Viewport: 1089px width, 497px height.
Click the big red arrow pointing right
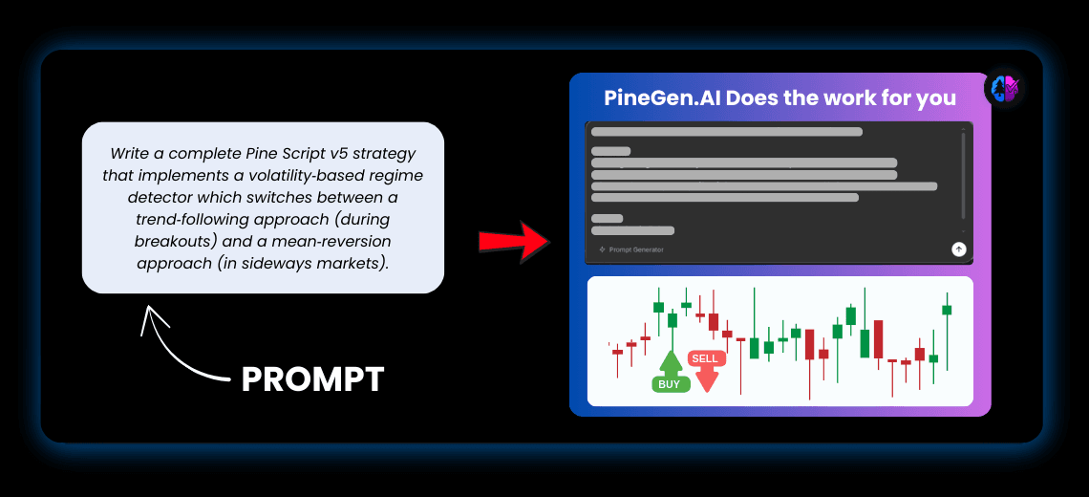click(515, 243)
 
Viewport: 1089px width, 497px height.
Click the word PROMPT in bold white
click(312, 379)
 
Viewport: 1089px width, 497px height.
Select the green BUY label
click(669, 384)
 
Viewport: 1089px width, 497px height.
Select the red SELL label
click(705, 358)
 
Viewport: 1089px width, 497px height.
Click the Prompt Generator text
click(635, 249)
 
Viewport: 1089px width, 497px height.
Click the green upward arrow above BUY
click(671, 362)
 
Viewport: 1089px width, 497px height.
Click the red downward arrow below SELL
click(706, 379)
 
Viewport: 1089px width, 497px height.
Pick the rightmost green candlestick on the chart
click(947, 310)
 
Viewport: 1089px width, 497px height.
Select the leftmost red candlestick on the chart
click(617, 352)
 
